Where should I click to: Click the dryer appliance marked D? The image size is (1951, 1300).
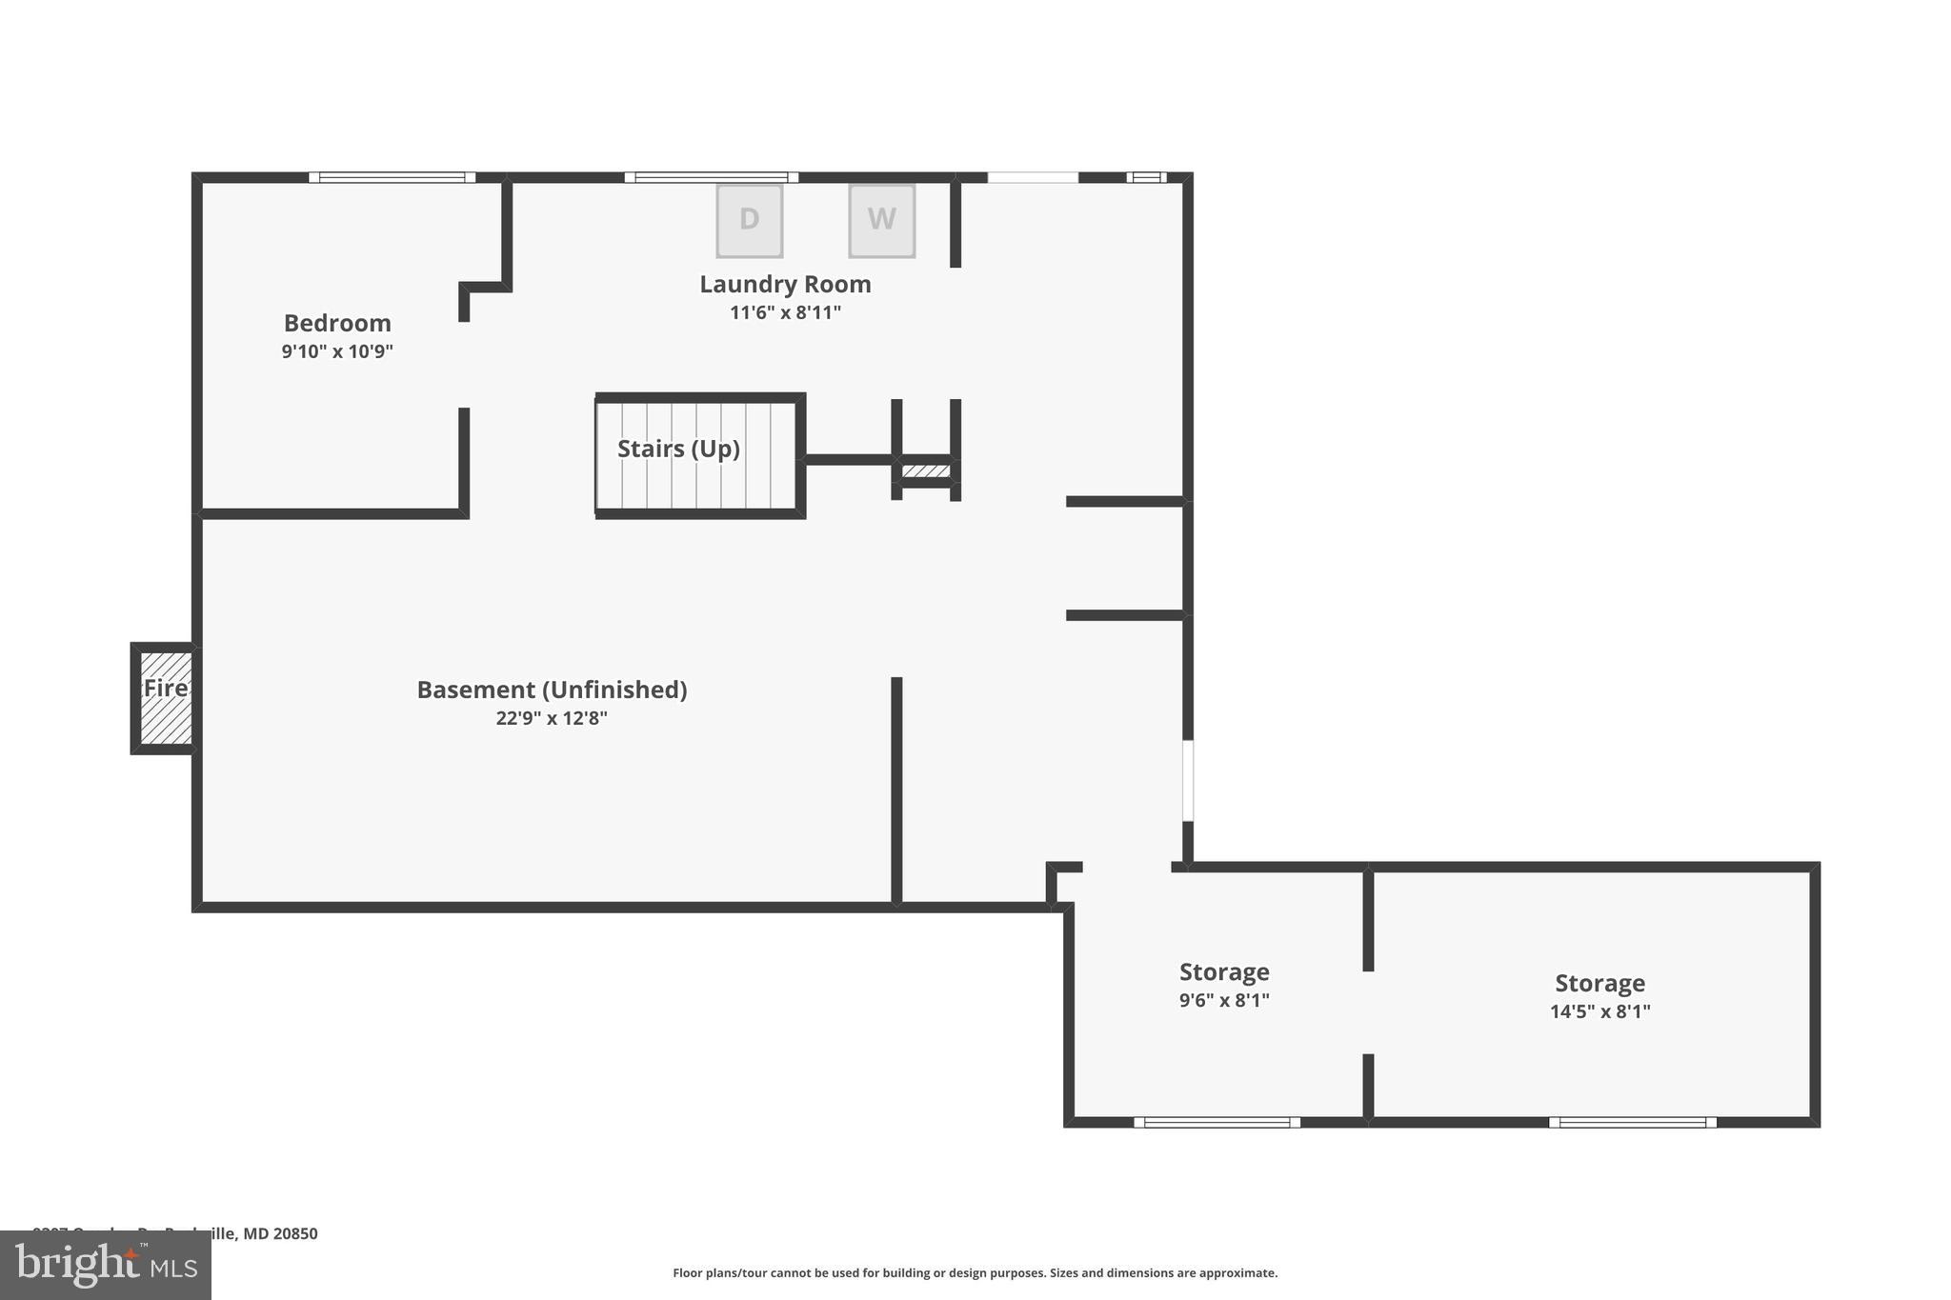(750, 220)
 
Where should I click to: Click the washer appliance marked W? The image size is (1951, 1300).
(882, 220)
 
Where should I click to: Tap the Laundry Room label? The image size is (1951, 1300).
(785, 284)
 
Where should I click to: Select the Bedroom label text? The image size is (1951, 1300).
(337, 323)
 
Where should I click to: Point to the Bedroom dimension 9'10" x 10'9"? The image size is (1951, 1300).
(337, 351)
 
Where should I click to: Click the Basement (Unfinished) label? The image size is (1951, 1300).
(552, 690)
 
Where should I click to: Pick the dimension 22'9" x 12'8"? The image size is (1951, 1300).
(552, 718)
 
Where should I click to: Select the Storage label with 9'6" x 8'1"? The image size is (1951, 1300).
(1224, 972)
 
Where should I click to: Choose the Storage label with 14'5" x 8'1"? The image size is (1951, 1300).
(1599, 984)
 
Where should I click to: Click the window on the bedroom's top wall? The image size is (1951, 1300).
(392, 177)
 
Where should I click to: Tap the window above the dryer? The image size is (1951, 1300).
(712, 177)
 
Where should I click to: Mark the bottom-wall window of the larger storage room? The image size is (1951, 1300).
(1633, 1122)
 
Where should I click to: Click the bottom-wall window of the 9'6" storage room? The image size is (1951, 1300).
(1217, 1122)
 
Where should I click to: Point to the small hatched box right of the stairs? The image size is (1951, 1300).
(926, 470)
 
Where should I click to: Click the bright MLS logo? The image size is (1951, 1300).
(106, 1265)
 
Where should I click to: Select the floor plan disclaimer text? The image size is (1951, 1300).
(975, 1272)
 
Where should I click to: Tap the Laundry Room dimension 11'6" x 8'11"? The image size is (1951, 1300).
(785, 312)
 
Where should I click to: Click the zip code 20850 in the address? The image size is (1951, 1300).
(295, 1233)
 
